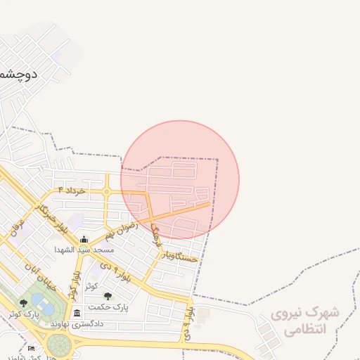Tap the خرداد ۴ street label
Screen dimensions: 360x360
point(72,191)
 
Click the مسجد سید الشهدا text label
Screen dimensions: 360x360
point(84,249)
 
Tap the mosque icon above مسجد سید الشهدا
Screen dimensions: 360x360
point(84,239)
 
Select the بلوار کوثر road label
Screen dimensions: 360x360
point(73,281)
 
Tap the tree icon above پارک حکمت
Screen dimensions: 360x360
point(108,297)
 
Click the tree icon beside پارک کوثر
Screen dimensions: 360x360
point(23,303)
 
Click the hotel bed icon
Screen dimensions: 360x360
point(30,349)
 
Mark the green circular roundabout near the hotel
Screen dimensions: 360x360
point(60,346)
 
